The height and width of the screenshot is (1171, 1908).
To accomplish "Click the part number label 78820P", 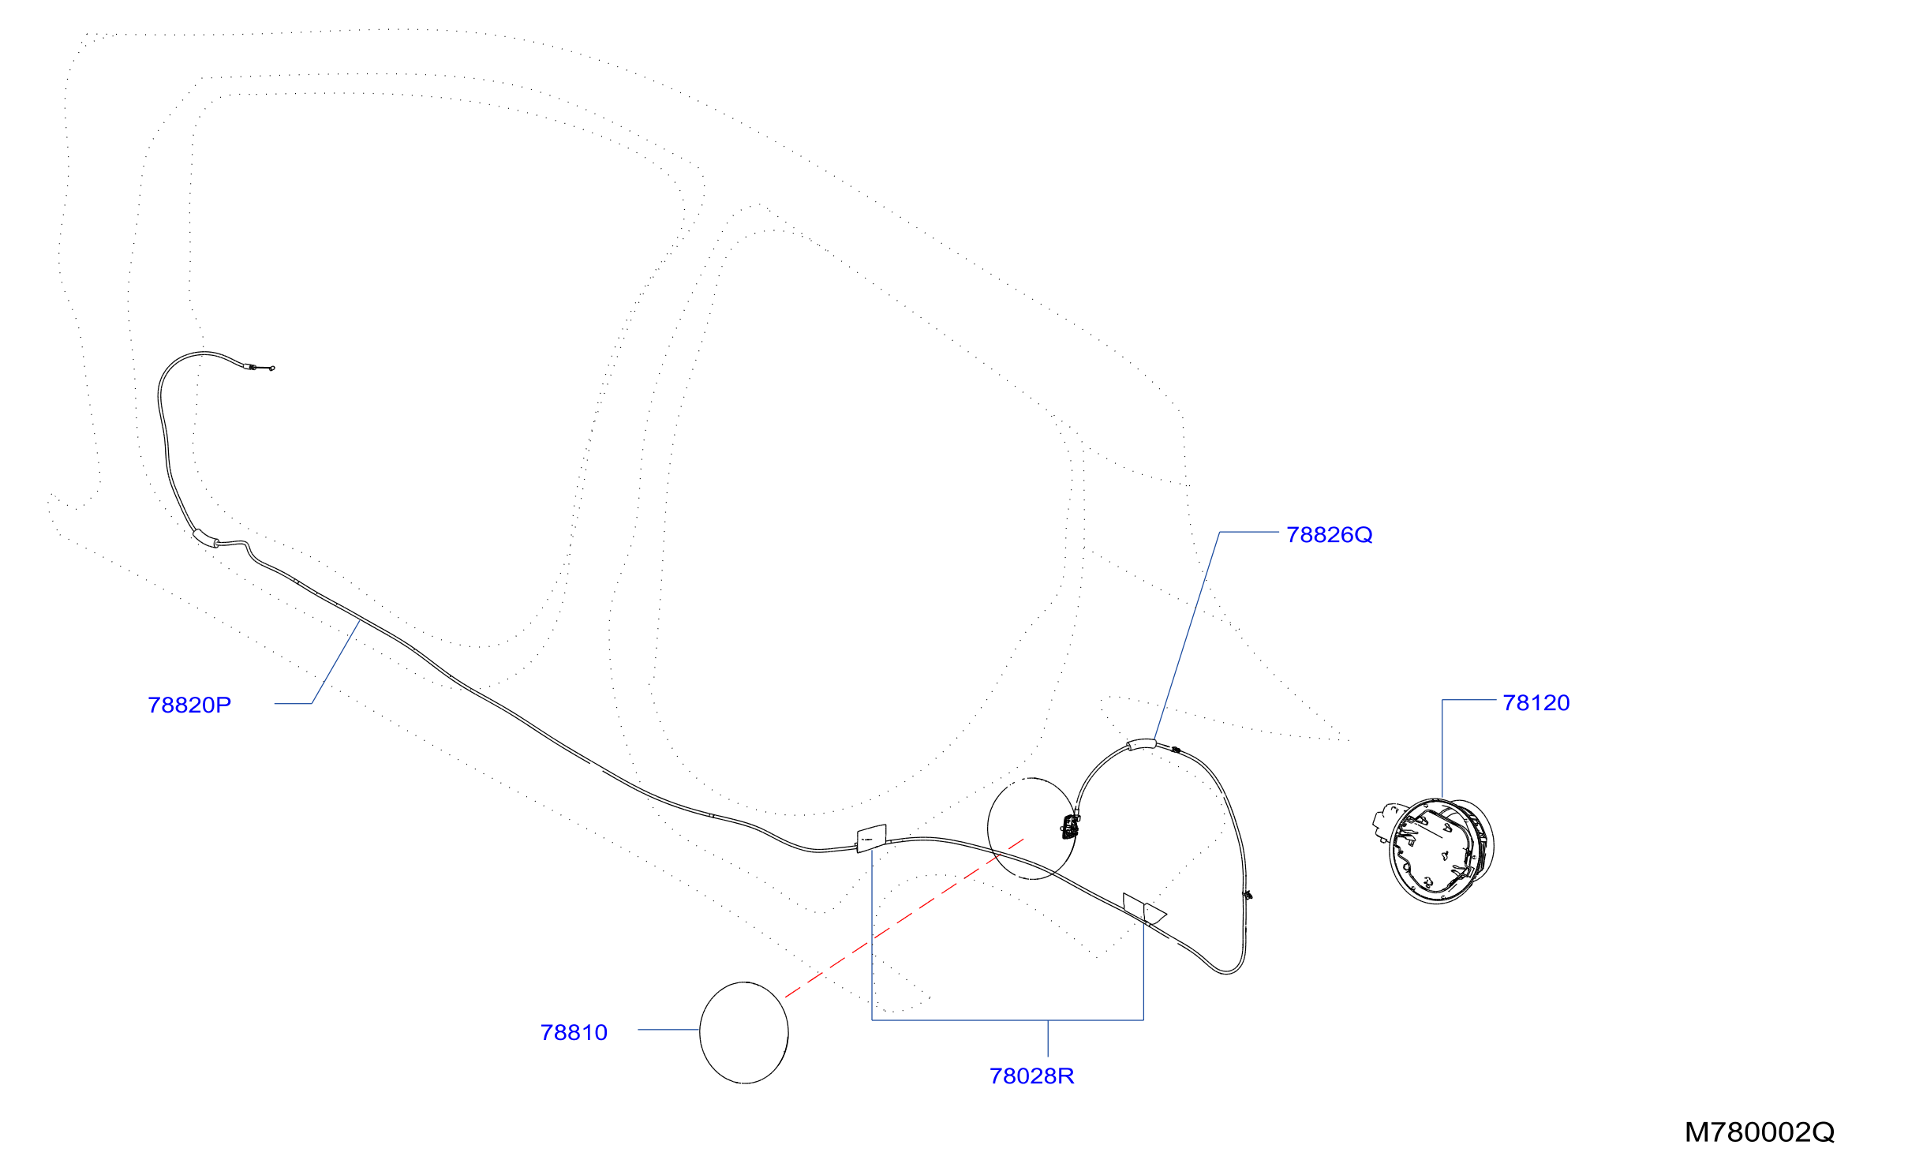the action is point(189,705).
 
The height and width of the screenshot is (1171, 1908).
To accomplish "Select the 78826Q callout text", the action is point(1330,535).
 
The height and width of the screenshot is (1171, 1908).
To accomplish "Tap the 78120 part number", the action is point(1536,703).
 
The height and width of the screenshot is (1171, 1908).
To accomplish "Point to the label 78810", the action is point(574,1033).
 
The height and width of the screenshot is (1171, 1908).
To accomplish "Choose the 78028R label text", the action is point(1032,1076).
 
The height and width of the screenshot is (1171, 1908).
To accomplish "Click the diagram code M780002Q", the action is point(1760,1132).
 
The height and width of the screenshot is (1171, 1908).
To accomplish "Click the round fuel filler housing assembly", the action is point(1435,851).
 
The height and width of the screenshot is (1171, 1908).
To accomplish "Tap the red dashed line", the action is point(904,918).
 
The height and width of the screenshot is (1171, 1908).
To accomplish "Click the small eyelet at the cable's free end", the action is point(272,368).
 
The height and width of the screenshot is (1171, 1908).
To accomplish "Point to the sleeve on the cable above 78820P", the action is point(205,538).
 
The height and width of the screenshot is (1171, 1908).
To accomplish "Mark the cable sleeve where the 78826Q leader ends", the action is point(1141,743).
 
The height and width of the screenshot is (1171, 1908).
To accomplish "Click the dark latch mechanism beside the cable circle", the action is point(1071,827).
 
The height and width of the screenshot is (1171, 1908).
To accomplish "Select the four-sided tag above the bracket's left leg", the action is point(872,839).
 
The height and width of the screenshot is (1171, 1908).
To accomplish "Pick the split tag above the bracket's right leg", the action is point(1144,909).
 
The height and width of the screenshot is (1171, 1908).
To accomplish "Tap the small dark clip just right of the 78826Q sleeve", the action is point(1176,750).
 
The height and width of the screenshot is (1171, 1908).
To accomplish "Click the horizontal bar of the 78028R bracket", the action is point(1008,1020).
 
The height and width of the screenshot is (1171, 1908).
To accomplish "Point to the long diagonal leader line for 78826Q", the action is point(1187,636).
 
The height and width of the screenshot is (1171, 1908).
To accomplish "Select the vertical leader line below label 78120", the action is point(1442,749).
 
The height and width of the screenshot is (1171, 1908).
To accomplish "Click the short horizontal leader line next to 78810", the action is point(668,1030).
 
